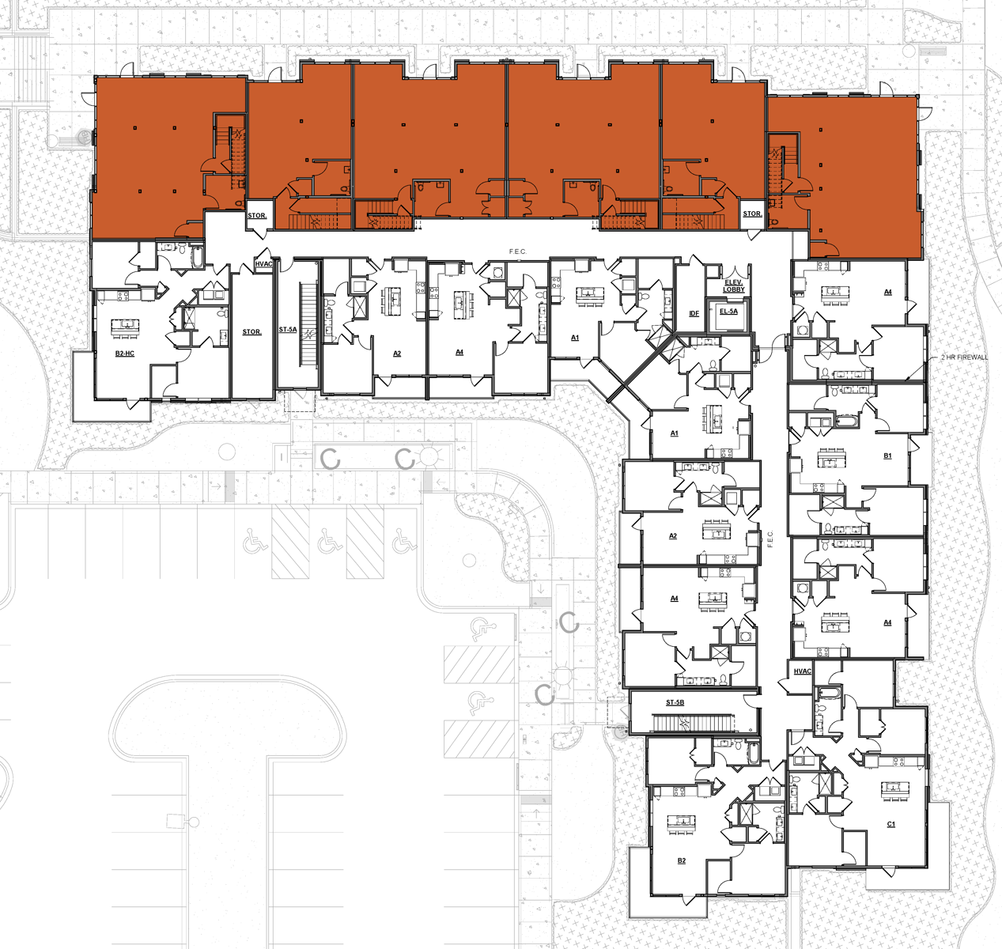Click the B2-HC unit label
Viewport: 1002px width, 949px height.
(x=124, y=354)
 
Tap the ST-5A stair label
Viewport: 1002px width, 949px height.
(x=288, y=330)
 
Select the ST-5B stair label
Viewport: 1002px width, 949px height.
(x=675, y=702)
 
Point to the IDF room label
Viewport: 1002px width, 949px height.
(x=694, y=314)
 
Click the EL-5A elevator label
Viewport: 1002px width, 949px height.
(x=728, y=312)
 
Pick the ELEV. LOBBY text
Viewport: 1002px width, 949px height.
(x=734, y=286)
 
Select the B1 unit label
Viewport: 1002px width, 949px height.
(x=887, y=456)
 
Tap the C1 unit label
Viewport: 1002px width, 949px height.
(x=891, y=824)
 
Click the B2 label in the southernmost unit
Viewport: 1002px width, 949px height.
(x=681, y=860)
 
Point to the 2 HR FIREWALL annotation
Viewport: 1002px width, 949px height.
(x=964, y=357)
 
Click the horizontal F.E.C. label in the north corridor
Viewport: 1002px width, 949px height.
(x=517, y=251)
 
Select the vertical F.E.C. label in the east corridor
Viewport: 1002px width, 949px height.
(x=770, y=539)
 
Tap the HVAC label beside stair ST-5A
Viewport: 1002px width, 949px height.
(x=263, y=264)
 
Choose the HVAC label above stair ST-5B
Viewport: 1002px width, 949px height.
(x=802, y=671)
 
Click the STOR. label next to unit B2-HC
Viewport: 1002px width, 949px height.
(x=251, y=332)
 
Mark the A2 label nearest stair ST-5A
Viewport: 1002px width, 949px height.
(x=397, y=354)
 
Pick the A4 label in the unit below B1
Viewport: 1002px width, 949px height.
(x=887, y=622)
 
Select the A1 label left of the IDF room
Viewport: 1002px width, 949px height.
(x=575, y=338)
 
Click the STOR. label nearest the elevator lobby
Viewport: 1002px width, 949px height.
(x=752, y=214)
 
